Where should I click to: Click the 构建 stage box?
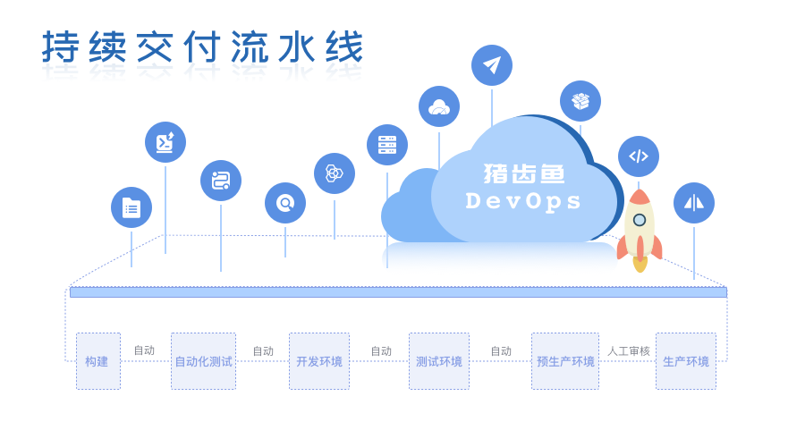coord(97,361)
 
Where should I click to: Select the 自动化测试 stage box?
coord(203,361)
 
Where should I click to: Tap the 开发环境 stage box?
coord(319,361)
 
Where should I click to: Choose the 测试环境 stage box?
coord(439,361)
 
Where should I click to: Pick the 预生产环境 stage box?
coord(565,361)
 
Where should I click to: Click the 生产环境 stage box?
coord(686,361)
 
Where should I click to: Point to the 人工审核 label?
coord(629,351)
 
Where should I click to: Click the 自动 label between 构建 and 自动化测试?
coord(144,350)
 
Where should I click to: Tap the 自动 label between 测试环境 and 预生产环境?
coord(501,351)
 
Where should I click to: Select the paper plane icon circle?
coord(492,65)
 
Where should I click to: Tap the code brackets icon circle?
coord(639,156)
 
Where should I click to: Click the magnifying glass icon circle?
coord(285,203)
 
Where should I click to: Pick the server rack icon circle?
coord(387,145)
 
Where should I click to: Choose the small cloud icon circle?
coord(439,106)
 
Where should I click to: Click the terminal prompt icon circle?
coord(165,142)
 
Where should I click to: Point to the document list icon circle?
coord(131,207)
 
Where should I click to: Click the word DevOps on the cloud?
coord(524,201)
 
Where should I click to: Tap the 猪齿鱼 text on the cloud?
coord(524,173)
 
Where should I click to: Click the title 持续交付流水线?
coord(202,47)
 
